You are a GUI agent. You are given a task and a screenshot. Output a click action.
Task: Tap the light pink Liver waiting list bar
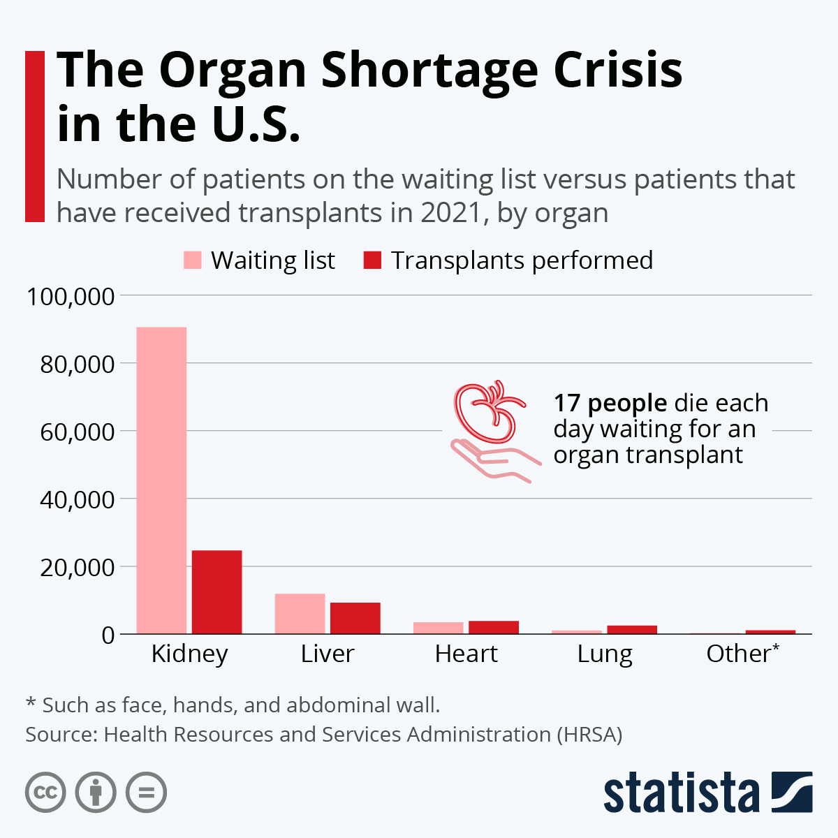[300, 614]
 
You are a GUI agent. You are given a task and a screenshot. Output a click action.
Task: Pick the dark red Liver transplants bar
[355, 618]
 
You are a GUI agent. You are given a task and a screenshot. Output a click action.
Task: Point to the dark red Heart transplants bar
[494, 627]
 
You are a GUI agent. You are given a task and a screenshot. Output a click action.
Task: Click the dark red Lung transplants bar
[632, 629]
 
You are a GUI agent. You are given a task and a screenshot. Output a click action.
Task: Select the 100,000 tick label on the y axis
[71, 296]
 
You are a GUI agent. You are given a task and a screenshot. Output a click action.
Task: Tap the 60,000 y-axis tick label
[77, 432]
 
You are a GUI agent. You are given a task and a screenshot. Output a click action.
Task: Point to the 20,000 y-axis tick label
[77, 567]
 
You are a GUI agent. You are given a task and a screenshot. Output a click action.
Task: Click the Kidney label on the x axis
[189, 654]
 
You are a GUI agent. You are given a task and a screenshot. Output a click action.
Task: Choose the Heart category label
[466, 654]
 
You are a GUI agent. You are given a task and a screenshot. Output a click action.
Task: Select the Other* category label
[742, 654]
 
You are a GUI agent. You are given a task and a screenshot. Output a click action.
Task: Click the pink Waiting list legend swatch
[192, 260]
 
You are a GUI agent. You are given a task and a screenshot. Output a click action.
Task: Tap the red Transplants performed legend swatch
[372, 260]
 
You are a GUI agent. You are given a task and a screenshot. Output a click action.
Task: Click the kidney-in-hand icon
[492, 429]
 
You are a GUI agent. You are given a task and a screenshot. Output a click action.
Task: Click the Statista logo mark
[792, 792]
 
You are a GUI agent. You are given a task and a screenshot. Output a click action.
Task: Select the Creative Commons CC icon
[45, 793]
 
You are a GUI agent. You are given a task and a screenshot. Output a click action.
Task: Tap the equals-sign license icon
[146, 793]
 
